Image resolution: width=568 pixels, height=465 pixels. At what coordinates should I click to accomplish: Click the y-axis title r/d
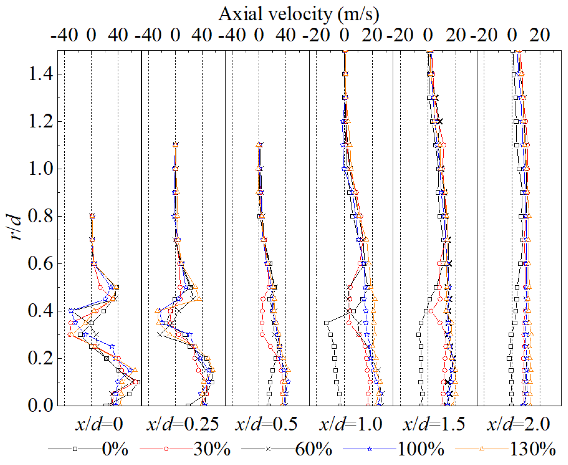pyautogui.click(x=14, y=227)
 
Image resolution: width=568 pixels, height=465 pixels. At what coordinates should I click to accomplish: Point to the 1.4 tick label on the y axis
pyautogui.click(x=40, y=74)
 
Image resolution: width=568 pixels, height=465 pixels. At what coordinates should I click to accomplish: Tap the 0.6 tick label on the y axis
pyautogui.click(x=40, y=263)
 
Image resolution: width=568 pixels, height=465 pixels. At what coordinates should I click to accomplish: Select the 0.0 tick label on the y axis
pyautogui.click(x=40, y=406)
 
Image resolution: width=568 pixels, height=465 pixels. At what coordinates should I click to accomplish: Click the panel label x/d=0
pyautogui.click(x=99, y=425)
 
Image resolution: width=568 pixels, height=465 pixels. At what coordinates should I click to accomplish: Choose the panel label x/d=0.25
pyautogui.click(x=183, y=425)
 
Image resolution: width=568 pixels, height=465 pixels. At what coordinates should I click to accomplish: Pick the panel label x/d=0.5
pyautogui.click(x=267, y=425)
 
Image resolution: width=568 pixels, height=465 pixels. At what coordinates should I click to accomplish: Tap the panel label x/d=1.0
pyautogui.click(x=351, y=425)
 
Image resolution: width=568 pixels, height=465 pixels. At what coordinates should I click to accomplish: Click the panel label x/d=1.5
pyautogui.click(x=434, y=425)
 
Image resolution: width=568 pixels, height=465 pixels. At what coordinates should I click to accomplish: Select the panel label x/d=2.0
pyautogui.click(x=518, y=425)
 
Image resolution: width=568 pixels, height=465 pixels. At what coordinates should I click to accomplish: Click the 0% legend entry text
pyautogui.click(x=115, y=449)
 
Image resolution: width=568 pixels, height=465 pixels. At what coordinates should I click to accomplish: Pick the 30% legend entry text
pyautogui.click(x=212, y=449)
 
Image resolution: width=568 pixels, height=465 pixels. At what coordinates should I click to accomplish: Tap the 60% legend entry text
pyautogui.click(x=314, y=449)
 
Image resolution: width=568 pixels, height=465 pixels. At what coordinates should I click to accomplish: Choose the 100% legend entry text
pyautogui.click(x=421, y=449)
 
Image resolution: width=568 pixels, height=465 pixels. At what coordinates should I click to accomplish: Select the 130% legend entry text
pyautogui.click(x=533, y=449)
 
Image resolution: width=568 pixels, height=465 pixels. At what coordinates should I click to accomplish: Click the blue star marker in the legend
pyautogui.click(x=370, y=449)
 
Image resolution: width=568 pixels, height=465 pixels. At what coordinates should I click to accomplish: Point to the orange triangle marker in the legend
pyautogui.click(x=482, y=449)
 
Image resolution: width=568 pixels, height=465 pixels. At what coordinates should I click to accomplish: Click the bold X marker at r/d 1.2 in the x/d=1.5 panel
pyautogui.click(x=440, y=121)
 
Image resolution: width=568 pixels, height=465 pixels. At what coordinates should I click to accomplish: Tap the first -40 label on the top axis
pyautogui.click(x=64, y=35)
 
